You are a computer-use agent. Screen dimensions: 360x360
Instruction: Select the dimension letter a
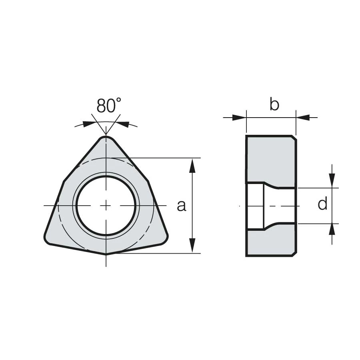[181, 206]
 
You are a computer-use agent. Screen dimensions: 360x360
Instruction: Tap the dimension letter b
[274, 104]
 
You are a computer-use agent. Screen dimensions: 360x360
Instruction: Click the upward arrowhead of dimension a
[192, 165]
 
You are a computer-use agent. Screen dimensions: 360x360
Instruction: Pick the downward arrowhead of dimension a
[192, 246]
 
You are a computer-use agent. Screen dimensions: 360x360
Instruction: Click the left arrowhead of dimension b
[239, 118]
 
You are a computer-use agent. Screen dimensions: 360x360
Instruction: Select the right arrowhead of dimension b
[303, 118]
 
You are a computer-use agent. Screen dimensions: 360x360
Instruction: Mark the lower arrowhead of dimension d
[332, 231]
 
